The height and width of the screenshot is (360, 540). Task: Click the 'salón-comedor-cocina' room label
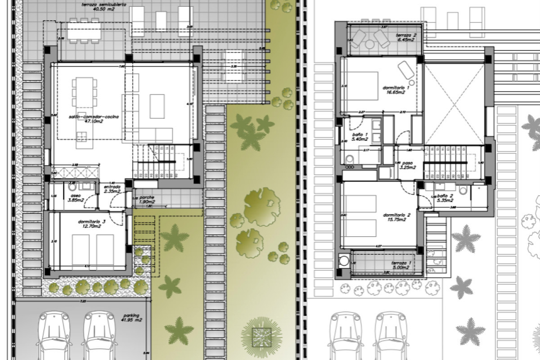[94, 117]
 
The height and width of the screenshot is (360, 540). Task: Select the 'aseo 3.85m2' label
[75, 196]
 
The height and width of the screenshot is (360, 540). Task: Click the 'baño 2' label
[445, 196]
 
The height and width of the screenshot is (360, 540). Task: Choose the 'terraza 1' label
[402, 263]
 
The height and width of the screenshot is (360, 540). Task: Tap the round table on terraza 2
[370, 44]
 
